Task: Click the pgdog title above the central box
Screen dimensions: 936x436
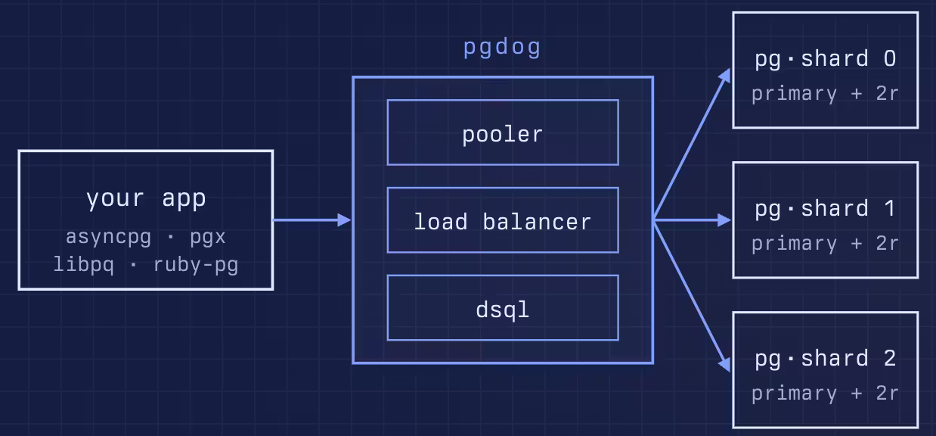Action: point(502,47)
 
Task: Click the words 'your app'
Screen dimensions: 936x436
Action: point(146,198)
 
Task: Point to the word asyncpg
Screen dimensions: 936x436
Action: point(108,237)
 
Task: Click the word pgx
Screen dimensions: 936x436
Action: point(208,237)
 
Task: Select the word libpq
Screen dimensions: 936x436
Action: point(84,265)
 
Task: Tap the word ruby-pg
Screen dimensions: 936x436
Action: point(196,265)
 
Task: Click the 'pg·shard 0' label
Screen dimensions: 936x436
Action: point(826,58)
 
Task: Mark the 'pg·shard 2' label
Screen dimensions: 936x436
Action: point(826,359)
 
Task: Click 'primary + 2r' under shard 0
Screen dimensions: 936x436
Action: point(826,94)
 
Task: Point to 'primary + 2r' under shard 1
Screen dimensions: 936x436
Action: point(826,244)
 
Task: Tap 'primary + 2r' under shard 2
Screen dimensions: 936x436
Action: point(826,394)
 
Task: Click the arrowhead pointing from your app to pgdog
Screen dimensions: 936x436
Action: point(344,220)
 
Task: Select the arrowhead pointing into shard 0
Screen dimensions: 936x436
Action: point(725,76)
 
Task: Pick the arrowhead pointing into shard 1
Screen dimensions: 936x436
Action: point(724,220)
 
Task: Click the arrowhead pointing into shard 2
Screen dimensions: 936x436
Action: point(725,364)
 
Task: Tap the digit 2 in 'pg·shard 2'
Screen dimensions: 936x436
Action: point(890,358)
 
